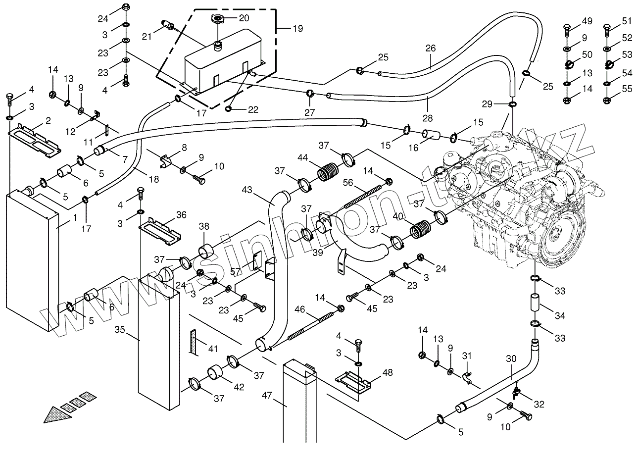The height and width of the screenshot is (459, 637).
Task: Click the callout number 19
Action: [x=297, y=28]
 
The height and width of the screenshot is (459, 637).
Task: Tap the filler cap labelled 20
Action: [x=217, y=19]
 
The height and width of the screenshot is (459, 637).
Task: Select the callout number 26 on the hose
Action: [x=431, y=49]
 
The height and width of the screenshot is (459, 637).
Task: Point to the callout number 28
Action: [x=428, y=118]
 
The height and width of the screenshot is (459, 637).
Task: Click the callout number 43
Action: [x=247, y=190]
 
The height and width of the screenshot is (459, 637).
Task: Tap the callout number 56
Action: [x=348, y=183]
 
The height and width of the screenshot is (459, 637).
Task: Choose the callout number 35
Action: [x=120, y=329]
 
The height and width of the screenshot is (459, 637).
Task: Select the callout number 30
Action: [x=512, y=358]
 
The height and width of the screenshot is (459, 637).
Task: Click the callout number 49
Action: [x=587, y=21]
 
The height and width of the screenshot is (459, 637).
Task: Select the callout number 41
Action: [x=213, y=349]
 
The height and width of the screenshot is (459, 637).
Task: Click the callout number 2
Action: [x=49, y=120]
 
